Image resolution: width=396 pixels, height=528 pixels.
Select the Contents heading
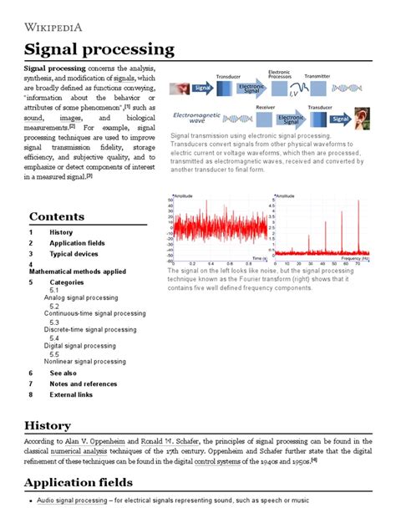57,216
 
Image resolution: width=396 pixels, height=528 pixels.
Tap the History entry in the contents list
61,232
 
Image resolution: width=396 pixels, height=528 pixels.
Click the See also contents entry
63,373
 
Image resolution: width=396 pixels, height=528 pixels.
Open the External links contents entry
71,394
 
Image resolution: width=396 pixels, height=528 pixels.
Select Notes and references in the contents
82,383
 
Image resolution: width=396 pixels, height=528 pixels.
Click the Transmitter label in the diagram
317,76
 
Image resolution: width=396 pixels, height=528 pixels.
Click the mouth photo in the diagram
179,87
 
